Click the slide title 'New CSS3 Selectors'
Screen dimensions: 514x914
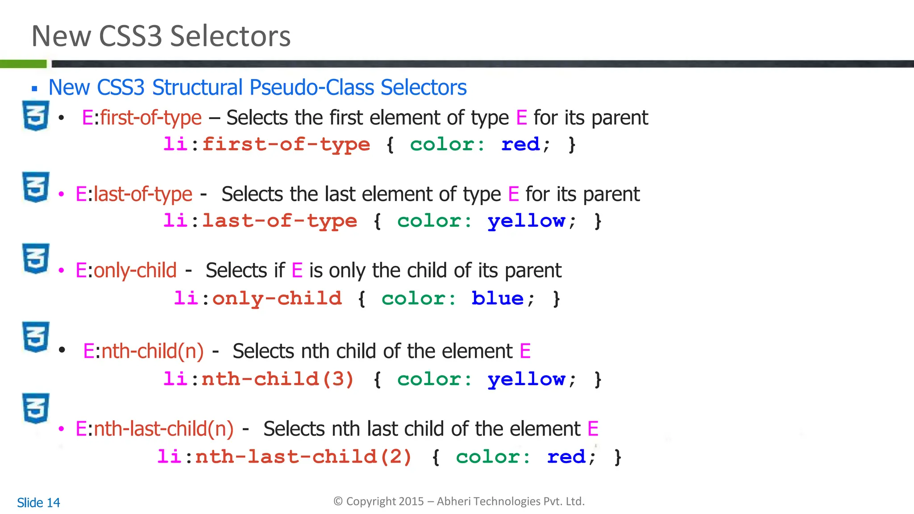(x=161, y=36)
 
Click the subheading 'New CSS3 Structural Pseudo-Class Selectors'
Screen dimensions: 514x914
(x=257, y=87)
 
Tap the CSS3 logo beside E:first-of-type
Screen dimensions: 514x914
(x=36, y=116)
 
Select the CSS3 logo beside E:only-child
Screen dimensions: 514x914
(x=36, y=258)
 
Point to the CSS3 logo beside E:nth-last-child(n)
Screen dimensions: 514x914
(x=36, y=408)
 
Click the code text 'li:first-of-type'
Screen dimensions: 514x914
(x=266, y=145)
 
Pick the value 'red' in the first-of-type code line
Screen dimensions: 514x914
(x=520, y=145)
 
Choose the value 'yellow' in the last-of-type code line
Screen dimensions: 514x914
(x=526, y=221)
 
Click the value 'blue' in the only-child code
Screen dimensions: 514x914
(x=497, y=298)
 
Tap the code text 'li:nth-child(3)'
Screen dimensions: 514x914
(x=258, y=379)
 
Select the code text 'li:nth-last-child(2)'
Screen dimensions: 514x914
(x=284, y=457)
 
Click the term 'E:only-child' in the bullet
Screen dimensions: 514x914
(x=126, y=271)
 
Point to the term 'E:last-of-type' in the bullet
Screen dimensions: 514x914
(x=134, y=195)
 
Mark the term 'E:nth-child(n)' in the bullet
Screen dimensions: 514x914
(x=143, y=352)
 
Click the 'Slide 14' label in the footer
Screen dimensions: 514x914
(x=38, y=503)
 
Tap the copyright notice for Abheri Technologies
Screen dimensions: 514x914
(x=459, y=502)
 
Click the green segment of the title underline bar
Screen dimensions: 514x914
(x=23, y=64)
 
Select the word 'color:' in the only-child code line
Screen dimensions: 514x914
(x=419, y=298)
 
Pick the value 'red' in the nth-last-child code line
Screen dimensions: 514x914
(x=566, y=457)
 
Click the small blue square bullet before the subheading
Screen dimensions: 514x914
(x=34, y=89)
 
